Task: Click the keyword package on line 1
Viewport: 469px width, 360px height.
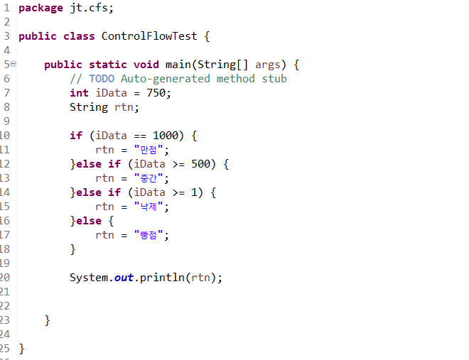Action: pos(41,8)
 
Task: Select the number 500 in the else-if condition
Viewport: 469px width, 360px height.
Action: pos(201,164)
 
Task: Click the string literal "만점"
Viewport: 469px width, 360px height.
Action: pos(150,150)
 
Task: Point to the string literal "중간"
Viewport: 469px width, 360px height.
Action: pos(150,178)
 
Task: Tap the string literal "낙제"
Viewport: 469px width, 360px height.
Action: pos(150,207)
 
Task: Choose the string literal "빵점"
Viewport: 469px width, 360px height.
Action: pos(150,235)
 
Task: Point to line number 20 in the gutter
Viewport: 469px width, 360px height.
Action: pos(5,278)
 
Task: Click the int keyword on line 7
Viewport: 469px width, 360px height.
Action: pos(79,93)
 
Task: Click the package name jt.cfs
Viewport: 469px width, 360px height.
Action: pos(92,8)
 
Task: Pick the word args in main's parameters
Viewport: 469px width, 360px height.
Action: pos(268,65)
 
